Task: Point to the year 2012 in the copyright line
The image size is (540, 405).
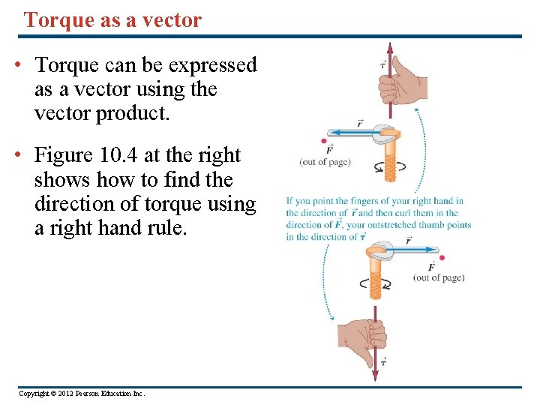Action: click(x=65, y=394)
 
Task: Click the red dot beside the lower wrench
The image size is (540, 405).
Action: click(x=442, y=258)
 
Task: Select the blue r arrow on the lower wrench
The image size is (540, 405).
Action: click(x=412, y=248)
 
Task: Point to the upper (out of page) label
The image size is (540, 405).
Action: click(x=325, y=161)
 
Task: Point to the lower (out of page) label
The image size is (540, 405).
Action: click(x=439, y=277)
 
